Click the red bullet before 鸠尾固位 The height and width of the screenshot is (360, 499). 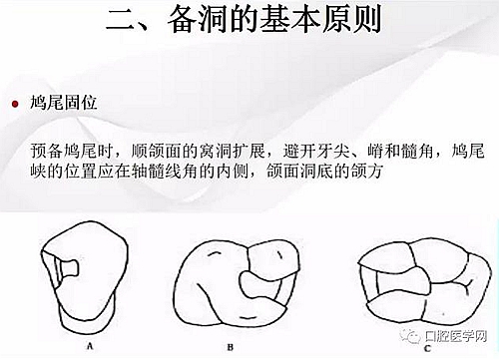[15, 104]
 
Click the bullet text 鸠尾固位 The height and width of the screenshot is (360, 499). [63, 103]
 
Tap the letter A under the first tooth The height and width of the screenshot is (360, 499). [90, 346]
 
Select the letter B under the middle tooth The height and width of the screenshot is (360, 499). [231, 347]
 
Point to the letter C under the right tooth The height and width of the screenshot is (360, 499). [427, 348]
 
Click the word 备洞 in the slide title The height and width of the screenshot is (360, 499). [197, 19]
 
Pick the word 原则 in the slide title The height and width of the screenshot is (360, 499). [351, 19]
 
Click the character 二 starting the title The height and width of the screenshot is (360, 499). [121, 21]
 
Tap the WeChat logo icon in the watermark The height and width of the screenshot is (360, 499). [411, 336]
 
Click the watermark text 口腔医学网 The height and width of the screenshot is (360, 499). [456, 336]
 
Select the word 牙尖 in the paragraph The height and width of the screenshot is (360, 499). [332, 151]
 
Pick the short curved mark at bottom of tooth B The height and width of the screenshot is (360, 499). [248, 317]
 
